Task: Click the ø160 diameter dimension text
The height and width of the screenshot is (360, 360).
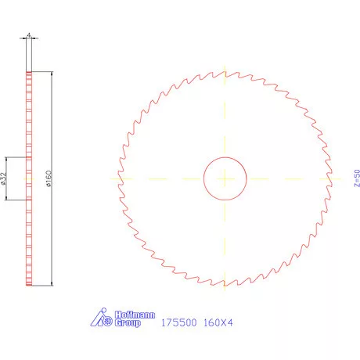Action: pyautogui.click(x=49, y=179)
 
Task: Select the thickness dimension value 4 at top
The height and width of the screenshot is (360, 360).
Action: pyautogui.click(x=29, y=35)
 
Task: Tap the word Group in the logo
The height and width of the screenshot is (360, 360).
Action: pyautogui.click(x=128, y=322)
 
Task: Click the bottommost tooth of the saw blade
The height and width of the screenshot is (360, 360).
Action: pyautogui.click(x=225, y=283)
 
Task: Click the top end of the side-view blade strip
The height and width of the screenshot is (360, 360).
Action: pyautogui.click(x=29, y=71)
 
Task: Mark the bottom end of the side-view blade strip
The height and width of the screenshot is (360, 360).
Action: pyautogui.click(x=29, y=286)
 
